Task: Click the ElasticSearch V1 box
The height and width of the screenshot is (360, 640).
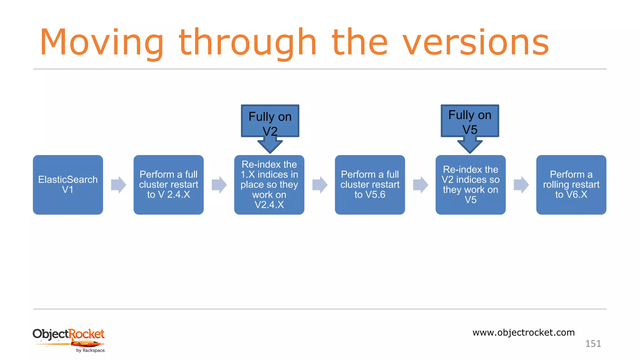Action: (x=68, y=185)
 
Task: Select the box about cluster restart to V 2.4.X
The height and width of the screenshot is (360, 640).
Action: (x=168, y=185)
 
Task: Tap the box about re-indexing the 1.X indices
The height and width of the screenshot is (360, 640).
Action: (x=269, y=185)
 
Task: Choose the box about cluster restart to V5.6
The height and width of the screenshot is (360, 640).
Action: (x=370, y=185)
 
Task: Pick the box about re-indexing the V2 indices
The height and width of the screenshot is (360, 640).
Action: (x=470, y=185)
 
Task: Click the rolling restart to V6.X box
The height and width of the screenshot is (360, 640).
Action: (x=571, y=185)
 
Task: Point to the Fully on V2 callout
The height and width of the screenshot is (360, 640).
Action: (x=270, y=121)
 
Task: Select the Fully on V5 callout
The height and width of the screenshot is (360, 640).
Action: (x=470, y=121)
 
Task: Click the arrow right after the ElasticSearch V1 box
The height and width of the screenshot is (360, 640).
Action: (x=118, y=185)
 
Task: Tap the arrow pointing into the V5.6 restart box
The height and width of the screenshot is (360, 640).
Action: (x=320, y=185)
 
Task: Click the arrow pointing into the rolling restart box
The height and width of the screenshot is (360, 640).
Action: (x=521, y=185)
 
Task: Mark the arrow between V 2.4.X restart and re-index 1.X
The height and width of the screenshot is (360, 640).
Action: (x=219, y=185)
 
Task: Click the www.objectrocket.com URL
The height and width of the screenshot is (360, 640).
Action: (x=523, y=332)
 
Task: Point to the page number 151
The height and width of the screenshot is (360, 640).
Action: (x=593, y=344)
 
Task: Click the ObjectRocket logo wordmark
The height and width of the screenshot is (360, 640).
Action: (x=68, y=334)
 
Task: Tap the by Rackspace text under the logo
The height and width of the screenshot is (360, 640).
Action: (x=91, y=351)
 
